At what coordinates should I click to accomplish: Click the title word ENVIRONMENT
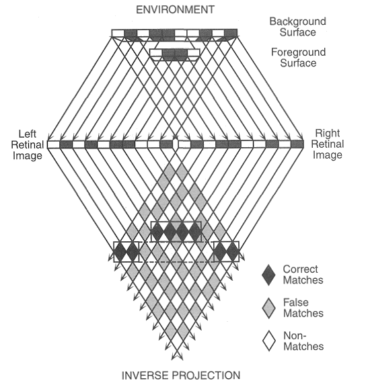(x=174, y=9)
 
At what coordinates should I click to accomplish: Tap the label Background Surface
(x=297, y=28)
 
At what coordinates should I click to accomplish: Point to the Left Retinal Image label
(x=24, y=143)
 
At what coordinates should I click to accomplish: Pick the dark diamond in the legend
(x=268, y=274)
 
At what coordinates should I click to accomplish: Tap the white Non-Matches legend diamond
(x=268, y=342)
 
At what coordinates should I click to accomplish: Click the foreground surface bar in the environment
(x=176, y=54)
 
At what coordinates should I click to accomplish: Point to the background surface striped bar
(x=175, y=34)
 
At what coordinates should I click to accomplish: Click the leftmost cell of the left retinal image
(x=53, y=144)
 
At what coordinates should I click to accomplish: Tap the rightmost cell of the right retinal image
(x=297, y=144)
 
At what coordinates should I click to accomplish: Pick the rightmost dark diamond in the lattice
(x=232, y=252)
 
